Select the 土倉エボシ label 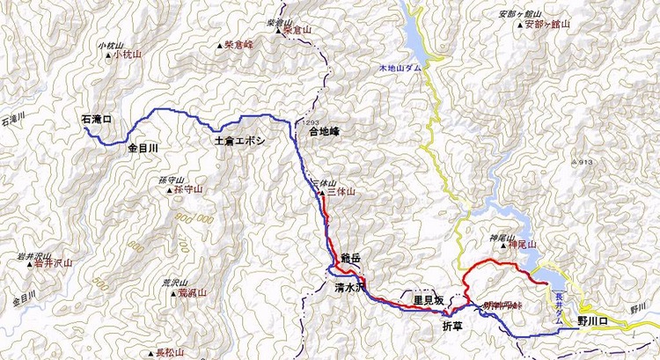239,141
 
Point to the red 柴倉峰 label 238,42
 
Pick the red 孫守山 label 187,188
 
